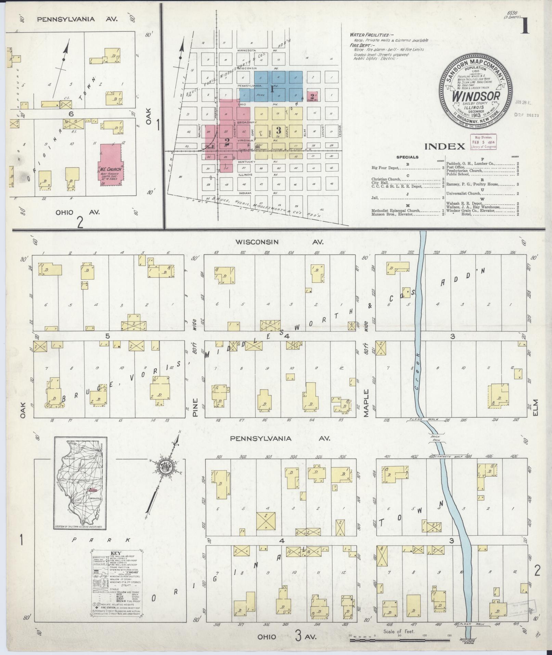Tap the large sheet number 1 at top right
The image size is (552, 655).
pyautogui.click(x=524, y=26)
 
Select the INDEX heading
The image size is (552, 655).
pyautogui.click(x=445, y=147)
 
